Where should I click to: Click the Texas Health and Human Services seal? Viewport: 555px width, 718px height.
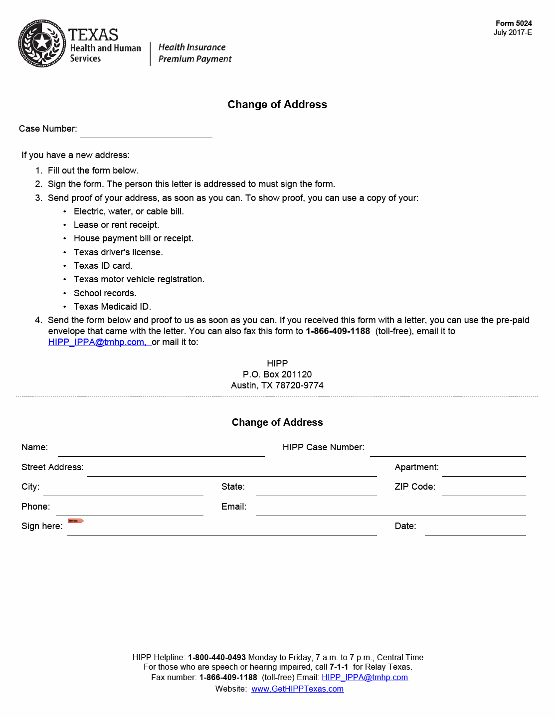(x=42, y=43)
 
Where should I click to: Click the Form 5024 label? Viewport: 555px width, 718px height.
(x=514, y=23)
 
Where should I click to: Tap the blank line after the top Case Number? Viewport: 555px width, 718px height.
(x=146, y=132)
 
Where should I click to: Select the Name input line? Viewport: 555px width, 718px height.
(x=161, y=451)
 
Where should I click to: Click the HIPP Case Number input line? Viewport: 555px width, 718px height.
(x=448, y=451)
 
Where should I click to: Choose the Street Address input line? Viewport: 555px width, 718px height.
(x=232, y=471)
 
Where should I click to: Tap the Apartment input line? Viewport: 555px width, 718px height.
(x=484, y=471)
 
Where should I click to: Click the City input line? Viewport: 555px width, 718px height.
(x=123, y=490)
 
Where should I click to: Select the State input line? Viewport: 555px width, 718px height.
(x=316, y=490)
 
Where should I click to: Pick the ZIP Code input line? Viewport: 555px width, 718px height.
(x=484, y=490)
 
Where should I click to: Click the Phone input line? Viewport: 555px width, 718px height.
(x=130, y=510)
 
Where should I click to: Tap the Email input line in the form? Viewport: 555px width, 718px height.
(x=390, y=510)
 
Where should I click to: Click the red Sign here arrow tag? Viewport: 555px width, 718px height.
(x=76, y=521)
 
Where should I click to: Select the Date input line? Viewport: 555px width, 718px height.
(x=475, y=530)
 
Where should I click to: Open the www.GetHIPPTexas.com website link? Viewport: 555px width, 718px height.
(x=297, y=689)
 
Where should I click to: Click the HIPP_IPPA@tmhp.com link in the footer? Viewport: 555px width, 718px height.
(x=365, y=678)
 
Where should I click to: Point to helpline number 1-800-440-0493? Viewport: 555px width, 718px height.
(x=217, y=658)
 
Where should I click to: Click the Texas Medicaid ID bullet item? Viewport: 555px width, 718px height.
(x=112, y=307)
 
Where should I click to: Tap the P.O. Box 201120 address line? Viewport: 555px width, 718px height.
(x=277, y=374)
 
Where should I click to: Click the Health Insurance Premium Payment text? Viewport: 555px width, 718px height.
(x=194, y=53)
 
